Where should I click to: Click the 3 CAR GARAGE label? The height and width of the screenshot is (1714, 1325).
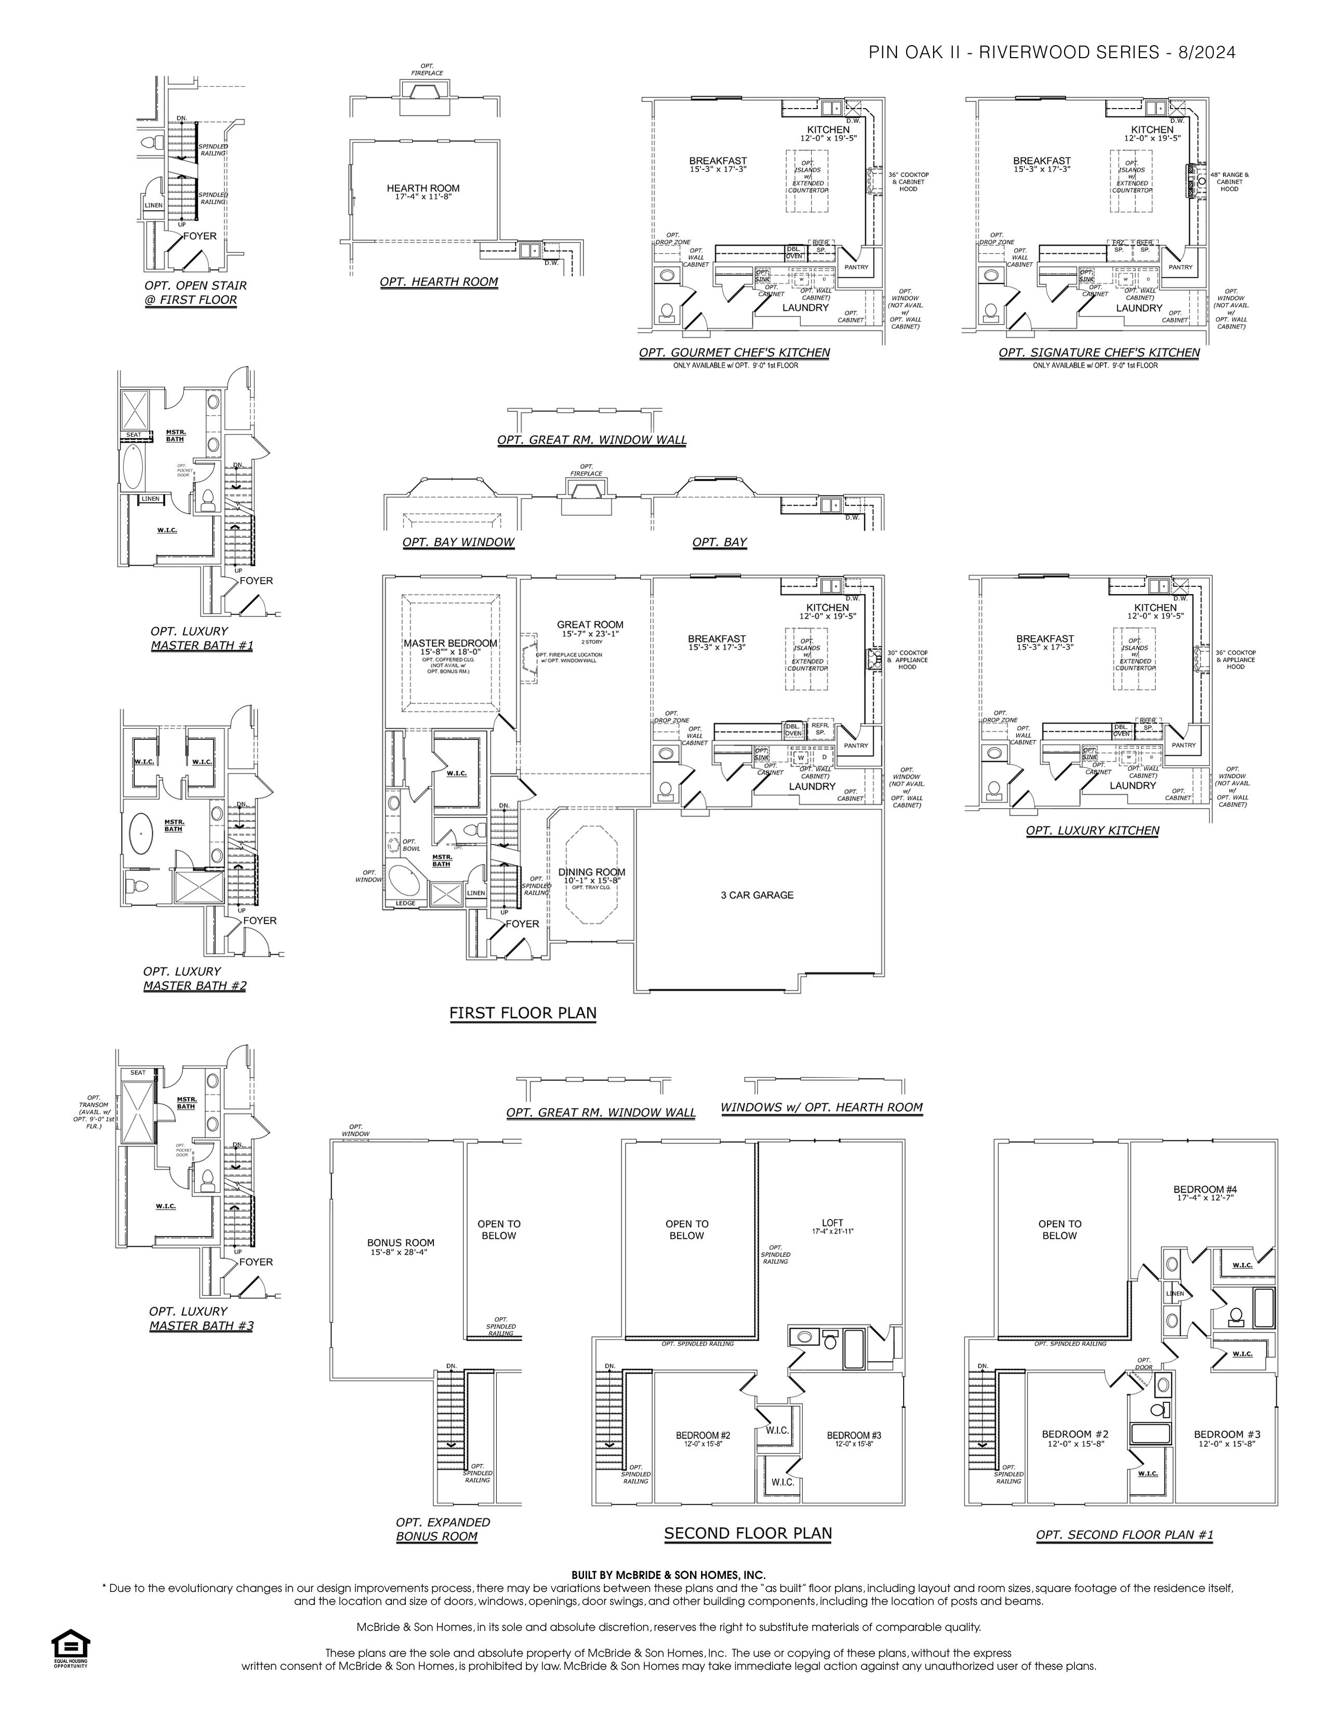[x=757, y=895]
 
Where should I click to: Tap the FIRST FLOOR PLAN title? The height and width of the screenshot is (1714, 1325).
[x=523, y=1013]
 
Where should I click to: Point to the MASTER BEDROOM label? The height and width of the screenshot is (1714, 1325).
[x=451, y=644]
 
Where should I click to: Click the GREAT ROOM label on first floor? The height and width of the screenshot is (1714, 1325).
[x=590, y=625]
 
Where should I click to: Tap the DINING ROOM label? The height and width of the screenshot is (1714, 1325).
[x=592, y=872]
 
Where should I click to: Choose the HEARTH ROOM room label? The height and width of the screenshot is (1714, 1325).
[x=423, y=189]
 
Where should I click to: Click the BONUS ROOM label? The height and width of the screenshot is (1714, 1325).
[x=400, y=1242]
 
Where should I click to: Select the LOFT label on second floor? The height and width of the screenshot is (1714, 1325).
[x=833, y=1223]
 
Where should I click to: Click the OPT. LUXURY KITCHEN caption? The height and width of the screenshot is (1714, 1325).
[x=1092, y=831]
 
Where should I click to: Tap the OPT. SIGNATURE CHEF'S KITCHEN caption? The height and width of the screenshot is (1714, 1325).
[x=1099, y=352]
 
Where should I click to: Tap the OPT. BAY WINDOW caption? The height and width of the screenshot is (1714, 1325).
[x=458, y=542]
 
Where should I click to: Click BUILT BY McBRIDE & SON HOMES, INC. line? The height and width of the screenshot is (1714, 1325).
[x=668, y=1574]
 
